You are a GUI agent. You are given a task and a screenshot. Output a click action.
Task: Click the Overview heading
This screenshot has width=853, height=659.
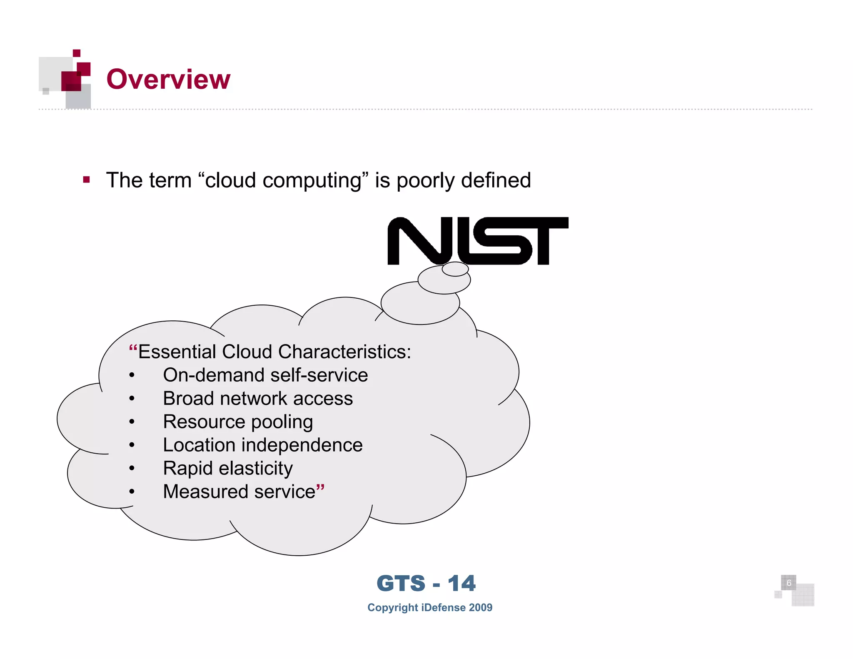point(168,79)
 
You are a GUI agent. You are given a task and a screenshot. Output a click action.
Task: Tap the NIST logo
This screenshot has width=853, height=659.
point(477,240)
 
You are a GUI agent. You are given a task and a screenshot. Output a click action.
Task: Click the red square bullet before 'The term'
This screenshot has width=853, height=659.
point(87,180)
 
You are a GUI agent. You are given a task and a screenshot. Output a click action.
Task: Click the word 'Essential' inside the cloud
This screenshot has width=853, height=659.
point(177,352)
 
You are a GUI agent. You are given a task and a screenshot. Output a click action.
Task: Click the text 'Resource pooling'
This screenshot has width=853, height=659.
point(238,422)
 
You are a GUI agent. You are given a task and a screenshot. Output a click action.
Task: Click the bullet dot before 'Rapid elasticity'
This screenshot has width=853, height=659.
point(132,469)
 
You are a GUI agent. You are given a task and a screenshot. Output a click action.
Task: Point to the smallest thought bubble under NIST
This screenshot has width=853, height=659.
point(455,269)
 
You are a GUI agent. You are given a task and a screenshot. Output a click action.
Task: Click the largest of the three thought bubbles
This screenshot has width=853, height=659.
point(420,303)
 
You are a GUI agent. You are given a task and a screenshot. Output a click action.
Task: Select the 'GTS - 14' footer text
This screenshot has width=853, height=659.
point(426,583)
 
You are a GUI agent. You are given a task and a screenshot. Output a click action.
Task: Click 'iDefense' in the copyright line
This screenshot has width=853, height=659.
point(443,607)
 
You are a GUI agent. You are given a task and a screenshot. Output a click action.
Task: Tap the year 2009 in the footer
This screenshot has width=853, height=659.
point(480,607)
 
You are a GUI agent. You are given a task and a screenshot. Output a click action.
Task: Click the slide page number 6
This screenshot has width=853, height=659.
point(788,583)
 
